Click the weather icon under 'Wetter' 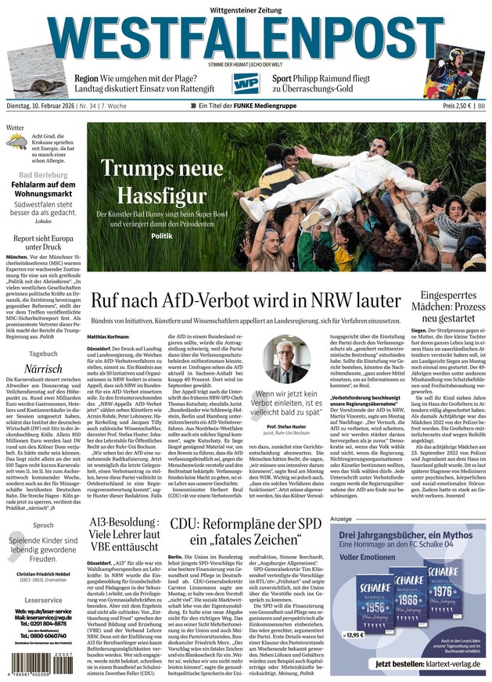coord(16,142)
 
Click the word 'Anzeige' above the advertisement coord(341,519)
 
